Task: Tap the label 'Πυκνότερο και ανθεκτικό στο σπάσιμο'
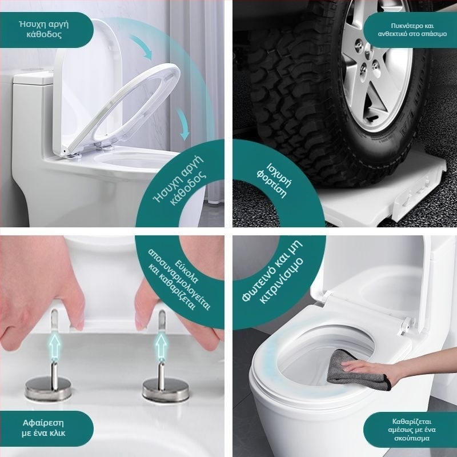[x=412, y=30]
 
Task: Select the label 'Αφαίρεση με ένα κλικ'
[x=43, y=427]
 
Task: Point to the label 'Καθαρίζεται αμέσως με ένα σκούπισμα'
[x=412, y=430]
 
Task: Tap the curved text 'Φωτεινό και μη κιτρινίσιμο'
[x=272, y=272]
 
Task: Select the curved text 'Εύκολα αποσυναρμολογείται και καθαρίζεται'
[x=178, y=280]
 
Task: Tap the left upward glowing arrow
[x=54, y=346]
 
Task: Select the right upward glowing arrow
[x=161, y=346]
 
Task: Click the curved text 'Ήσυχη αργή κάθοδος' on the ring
[x=180, y=180]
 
